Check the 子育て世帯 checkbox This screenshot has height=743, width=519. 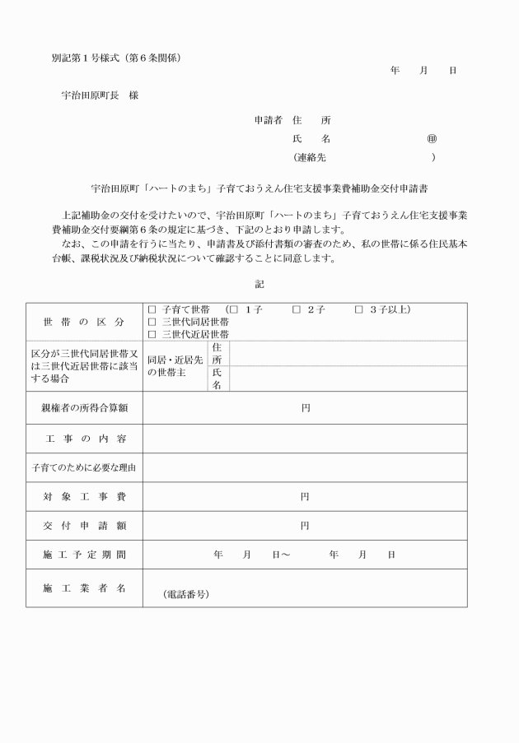[152, 309]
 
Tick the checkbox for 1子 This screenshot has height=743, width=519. [234, 309]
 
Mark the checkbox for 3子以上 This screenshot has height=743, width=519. [358, 309]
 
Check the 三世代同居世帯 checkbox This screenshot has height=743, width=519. [152, 322]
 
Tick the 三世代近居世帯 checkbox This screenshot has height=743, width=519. [152, 334]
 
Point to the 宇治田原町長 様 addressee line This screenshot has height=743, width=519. [100, 95]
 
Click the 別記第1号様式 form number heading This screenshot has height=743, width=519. [115, 58]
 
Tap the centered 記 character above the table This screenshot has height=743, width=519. [259, 284]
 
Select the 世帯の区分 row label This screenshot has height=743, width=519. [83, 322]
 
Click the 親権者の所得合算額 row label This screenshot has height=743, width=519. [84, 407]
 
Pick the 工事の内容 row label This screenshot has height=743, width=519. [84, 438]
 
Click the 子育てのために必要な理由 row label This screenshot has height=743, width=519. [84, 467]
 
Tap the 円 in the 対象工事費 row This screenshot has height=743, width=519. [305, 497]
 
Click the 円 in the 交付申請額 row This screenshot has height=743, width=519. [305, 526]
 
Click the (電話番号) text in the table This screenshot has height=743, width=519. [185, 593]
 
